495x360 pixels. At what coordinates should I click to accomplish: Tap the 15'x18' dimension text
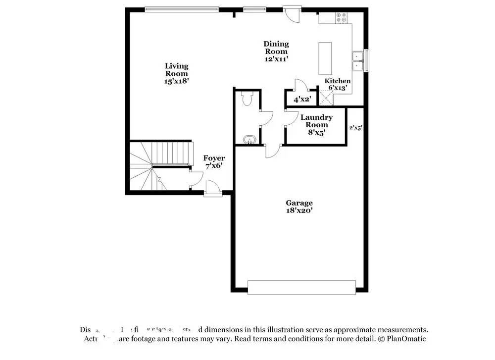pos(177,81)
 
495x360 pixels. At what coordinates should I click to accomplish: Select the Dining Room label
pos(276,48)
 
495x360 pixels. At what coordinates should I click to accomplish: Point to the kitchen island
pos(325,57)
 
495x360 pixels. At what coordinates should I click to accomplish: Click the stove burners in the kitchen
pos(342,17)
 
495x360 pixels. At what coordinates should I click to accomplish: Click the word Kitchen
pos(338,81)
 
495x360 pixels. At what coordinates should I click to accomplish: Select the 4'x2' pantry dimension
pos(301,100)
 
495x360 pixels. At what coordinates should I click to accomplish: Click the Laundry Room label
pos(316,121)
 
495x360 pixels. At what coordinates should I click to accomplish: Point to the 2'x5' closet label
pos(355,127)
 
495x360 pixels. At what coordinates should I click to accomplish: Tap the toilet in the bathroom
pos(247,99)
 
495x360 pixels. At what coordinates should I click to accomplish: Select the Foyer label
pos(214,158)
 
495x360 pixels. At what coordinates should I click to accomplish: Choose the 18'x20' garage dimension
pos(299,210)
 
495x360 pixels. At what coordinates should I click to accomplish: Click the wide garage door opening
pos(301,288)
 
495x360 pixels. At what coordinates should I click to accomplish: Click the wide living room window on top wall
pos(182,8)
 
